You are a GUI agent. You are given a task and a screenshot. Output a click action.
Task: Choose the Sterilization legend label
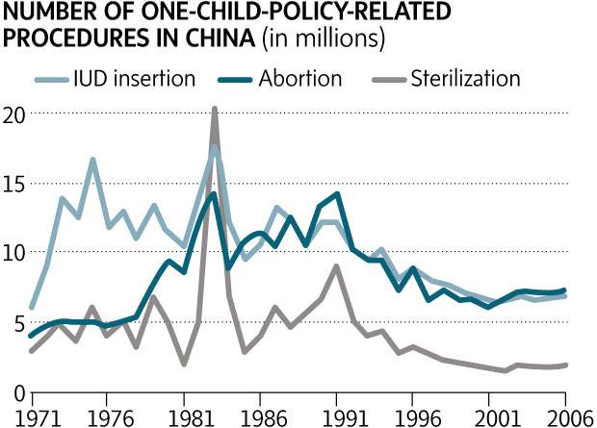click(465, 79)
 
